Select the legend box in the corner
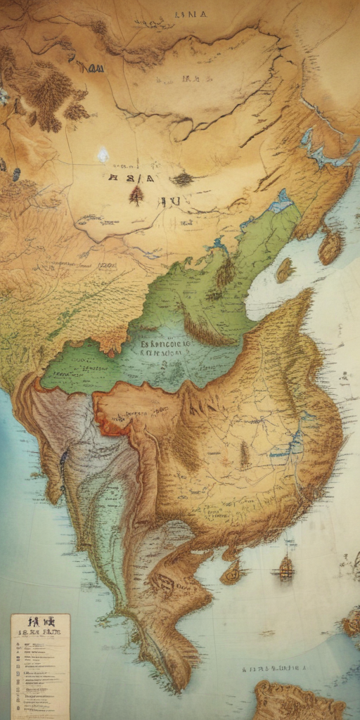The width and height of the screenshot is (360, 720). (x=40, y=664)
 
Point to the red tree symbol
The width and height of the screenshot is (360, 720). (x=136, y=195)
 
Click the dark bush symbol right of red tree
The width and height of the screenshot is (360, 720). (x=182, y=179)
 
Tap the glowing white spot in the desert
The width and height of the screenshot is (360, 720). (x=103, y=154)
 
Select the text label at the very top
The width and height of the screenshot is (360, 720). (x=190, y=13)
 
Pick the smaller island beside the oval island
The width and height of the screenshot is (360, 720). (x=285, y=270)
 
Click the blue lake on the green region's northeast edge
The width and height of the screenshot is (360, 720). (x=282, y=202)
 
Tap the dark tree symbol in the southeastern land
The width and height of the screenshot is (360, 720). (x=245, y=455)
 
